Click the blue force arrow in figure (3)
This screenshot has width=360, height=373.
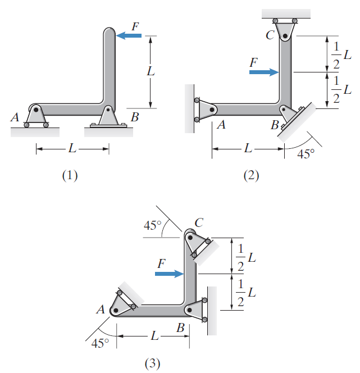click(169, 274)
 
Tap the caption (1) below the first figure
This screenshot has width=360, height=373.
click(70, 175)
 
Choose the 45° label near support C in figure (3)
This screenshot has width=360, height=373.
click(153, 226)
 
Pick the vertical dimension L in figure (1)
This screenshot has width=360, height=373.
click(150, 72)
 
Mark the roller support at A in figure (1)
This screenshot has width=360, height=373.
click(37, 116)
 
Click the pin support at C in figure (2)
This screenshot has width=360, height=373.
click(286, 30)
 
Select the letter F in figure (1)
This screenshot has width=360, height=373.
click(134, 25)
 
